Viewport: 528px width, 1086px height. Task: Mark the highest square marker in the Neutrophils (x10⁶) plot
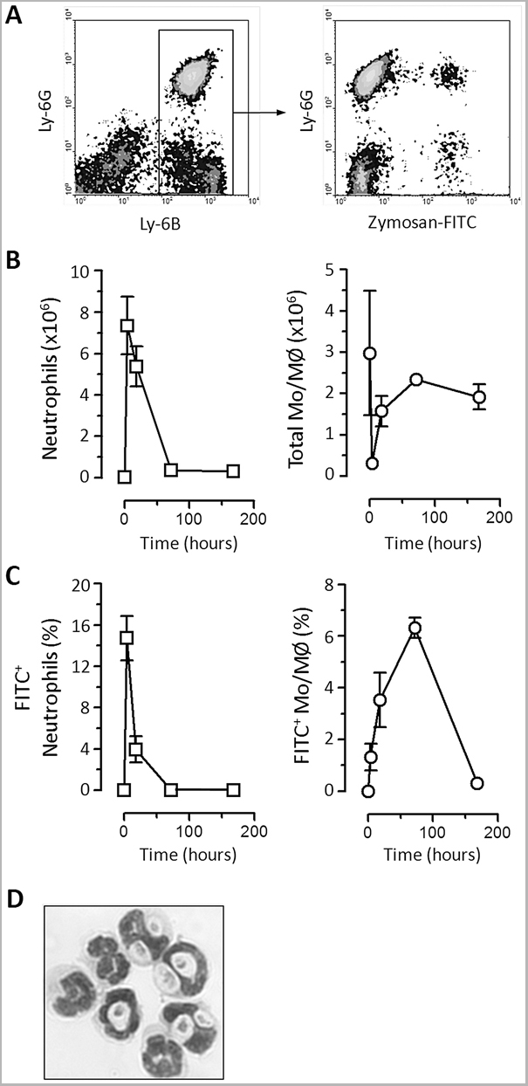tap(127, 326)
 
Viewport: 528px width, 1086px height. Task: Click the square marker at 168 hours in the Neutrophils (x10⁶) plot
tap(233, 471)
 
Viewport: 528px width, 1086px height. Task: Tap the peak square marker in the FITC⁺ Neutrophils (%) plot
tap(127, 637)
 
